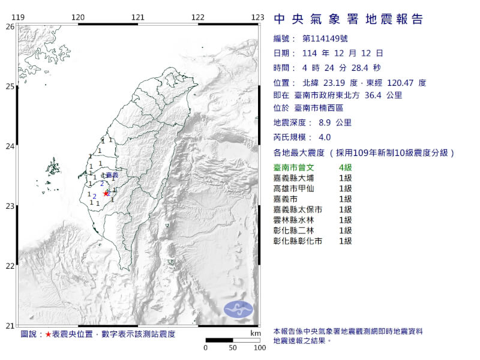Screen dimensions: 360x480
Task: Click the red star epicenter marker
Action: (x=106, y=193)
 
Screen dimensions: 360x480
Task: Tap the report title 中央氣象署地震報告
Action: (x=349, y=20)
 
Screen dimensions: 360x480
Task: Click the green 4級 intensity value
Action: (x=345, y=167)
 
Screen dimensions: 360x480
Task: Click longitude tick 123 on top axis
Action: (x=258, y=17)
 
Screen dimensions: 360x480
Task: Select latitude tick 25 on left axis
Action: (x=10, y=86)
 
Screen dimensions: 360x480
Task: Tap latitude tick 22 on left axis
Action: (x=10, y=266)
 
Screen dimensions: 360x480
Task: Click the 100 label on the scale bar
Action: (x=259, y=348)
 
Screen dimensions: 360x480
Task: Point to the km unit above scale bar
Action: (x=256, y=332)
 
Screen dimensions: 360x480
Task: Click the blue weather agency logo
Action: (x=239, y=309)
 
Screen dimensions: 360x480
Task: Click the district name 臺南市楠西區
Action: (x=319, y=108)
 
